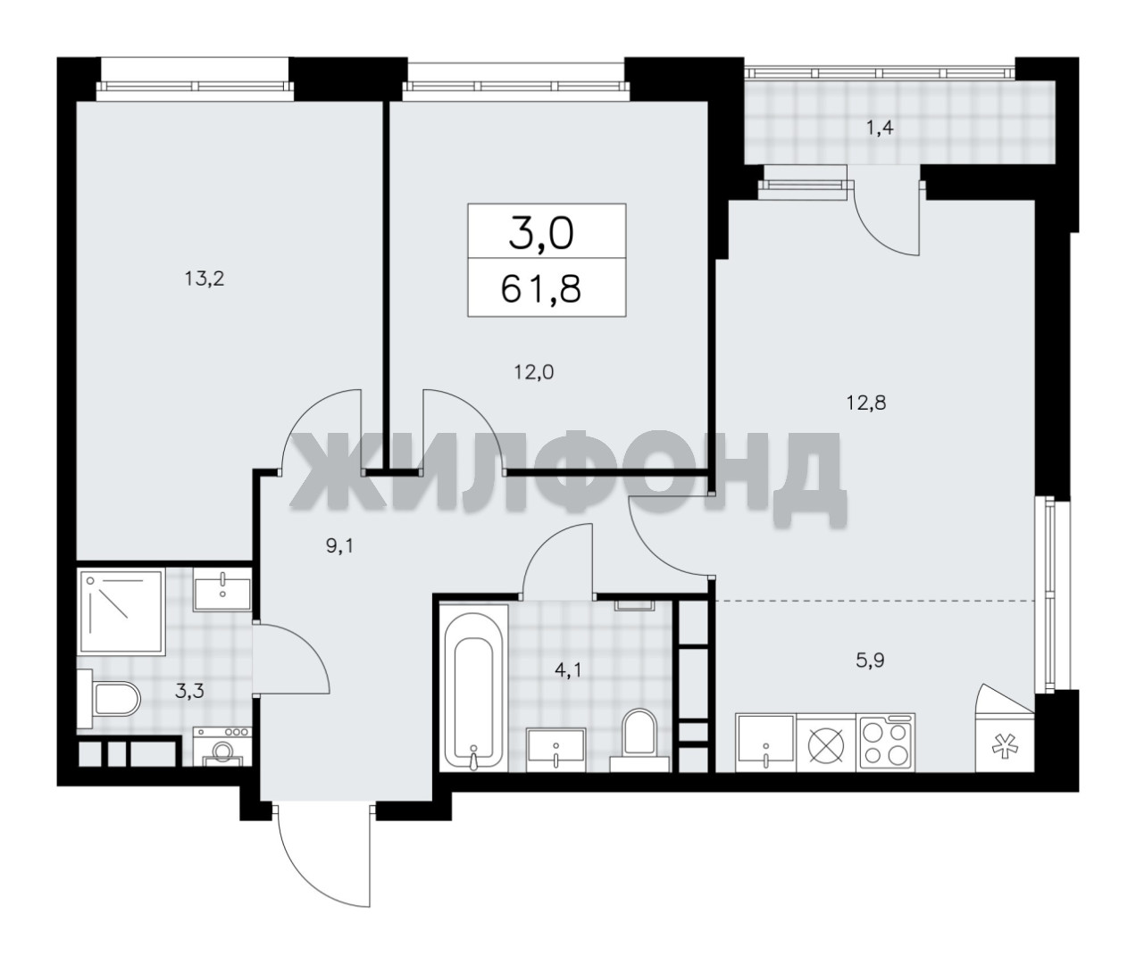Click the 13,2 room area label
click(x=205, y=279)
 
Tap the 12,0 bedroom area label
click(x=534, y=373)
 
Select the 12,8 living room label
click(x=865, y=403)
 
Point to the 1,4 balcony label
click(x=880, y=129)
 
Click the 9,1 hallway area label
click(x=339, y=546)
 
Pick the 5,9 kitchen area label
click(x=870, y=661)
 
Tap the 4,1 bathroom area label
click(x=568, y=671)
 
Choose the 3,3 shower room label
click(x=189, y=691)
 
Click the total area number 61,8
click(x=541, y=290)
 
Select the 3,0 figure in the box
click(x=541, y=233)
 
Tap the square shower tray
click(x=121, y=612)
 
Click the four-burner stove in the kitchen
click(x=885, y=742)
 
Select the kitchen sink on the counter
click(x=765, y=742)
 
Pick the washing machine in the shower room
click(x=222, y=746)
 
